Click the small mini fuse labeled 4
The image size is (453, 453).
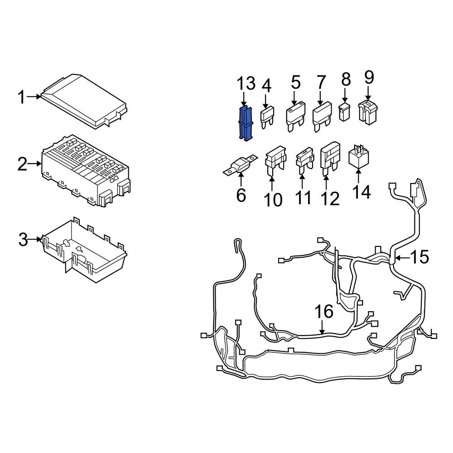tap(266, 116)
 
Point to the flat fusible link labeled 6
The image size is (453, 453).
tap(240, 167)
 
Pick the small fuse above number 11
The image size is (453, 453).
tap(302, 161)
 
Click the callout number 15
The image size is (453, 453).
tap(419, 257)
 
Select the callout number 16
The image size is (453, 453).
tap(324, 312)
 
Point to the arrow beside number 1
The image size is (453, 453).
tap(34, 96)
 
